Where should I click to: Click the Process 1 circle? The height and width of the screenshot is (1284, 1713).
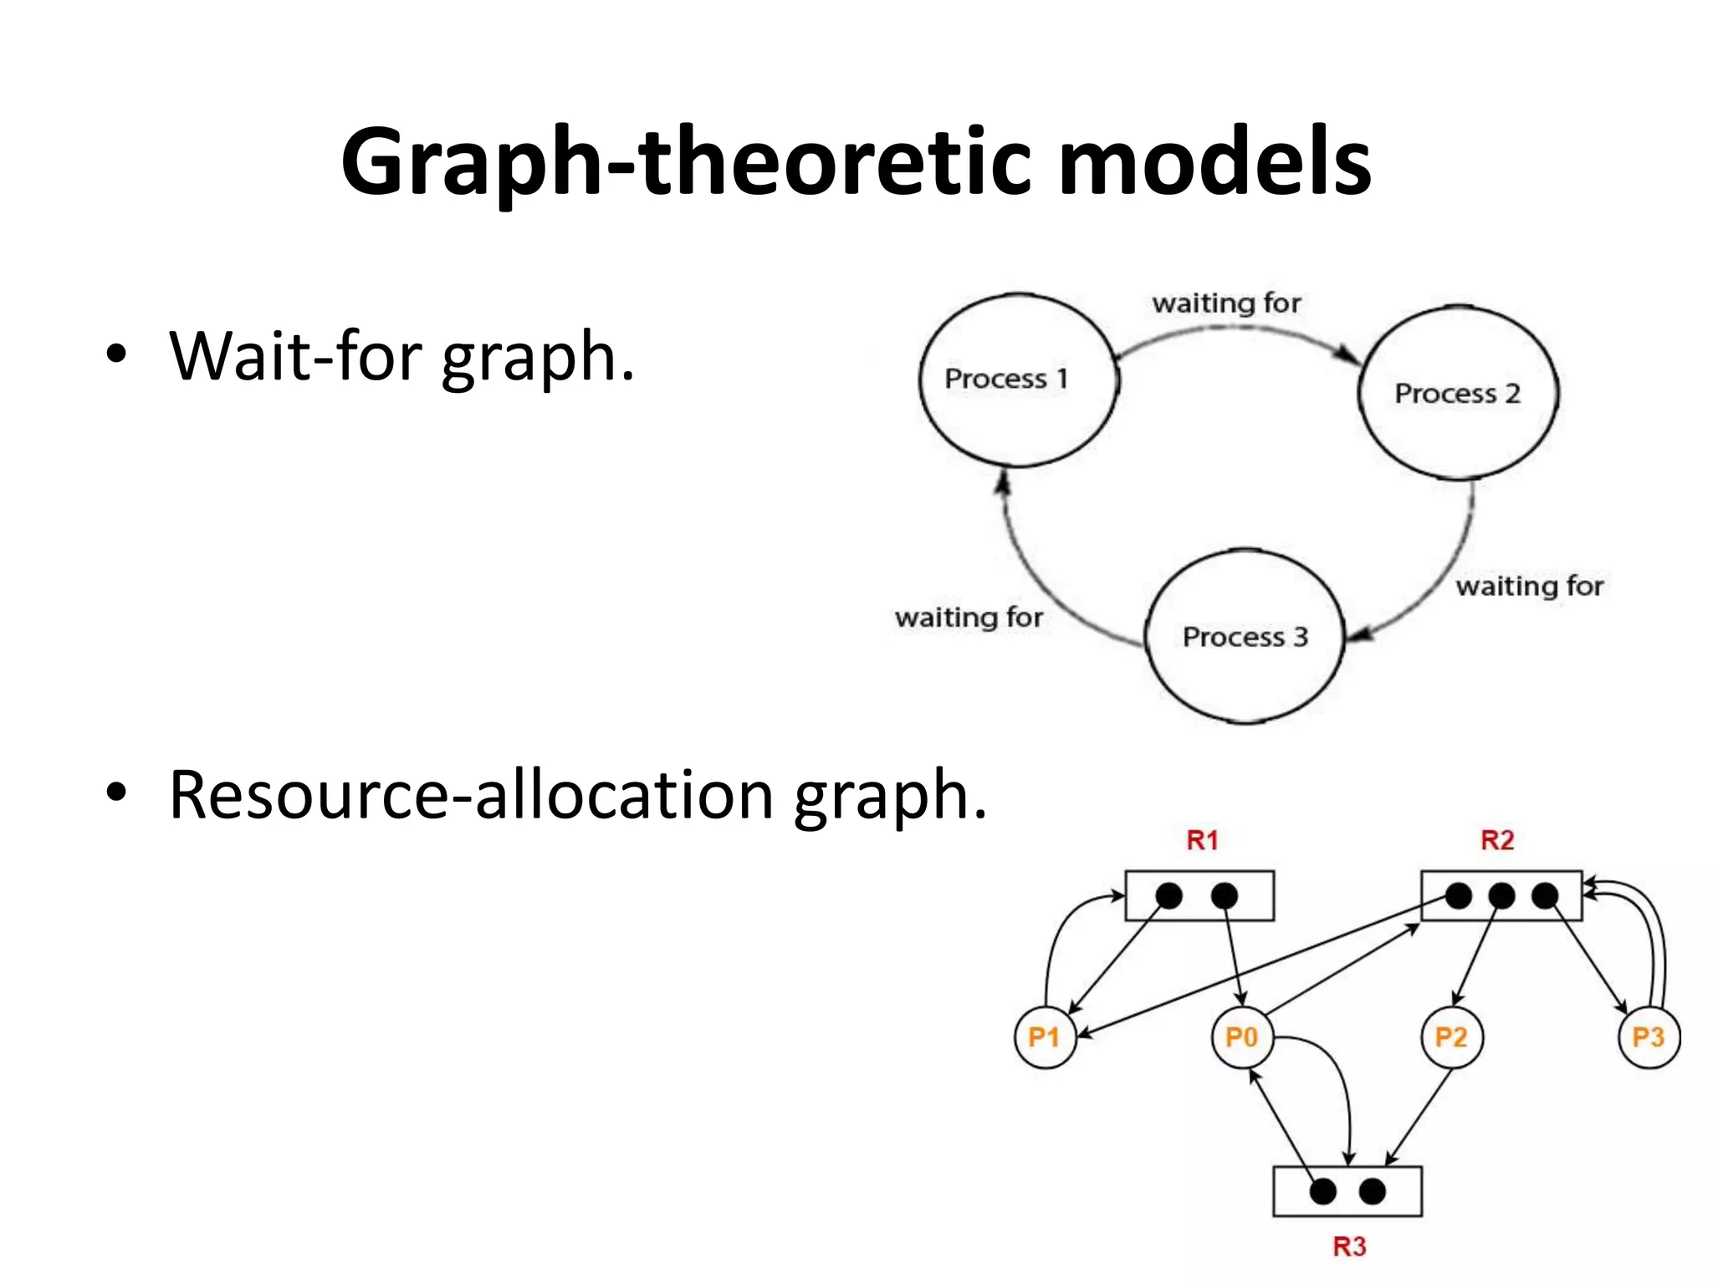(x=1019, y=380)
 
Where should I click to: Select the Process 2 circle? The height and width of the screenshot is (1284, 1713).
(x=1458, y=393)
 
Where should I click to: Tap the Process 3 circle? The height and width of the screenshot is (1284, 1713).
(x=1245, y=636)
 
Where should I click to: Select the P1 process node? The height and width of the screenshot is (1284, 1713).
(x=1045, y=1037)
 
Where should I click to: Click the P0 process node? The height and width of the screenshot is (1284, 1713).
(x=1242, y=1037)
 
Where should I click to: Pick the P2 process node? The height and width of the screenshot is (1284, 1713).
(x=1451, y=1037)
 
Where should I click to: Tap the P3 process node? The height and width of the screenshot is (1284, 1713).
(x=1649, y=1037)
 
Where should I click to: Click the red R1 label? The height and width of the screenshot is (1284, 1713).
(x=1203, y=840)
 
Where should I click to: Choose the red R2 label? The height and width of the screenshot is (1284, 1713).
(x=1497, y=840)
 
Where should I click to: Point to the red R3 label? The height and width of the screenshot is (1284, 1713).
(x=1349, y=1246)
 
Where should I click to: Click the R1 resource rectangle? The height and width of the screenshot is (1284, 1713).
(x=1199, y=896)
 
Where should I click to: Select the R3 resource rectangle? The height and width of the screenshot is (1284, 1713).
(x=1347, y=1191)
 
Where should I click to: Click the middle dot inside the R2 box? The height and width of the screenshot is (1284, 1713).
(x=1501, y=896)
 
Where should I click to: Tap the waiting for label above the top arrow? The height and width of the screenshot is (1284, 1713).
(x=1226, y=303)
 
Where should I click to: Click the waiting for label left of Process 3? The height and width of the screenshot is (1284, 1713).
(x=969, y=618)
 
